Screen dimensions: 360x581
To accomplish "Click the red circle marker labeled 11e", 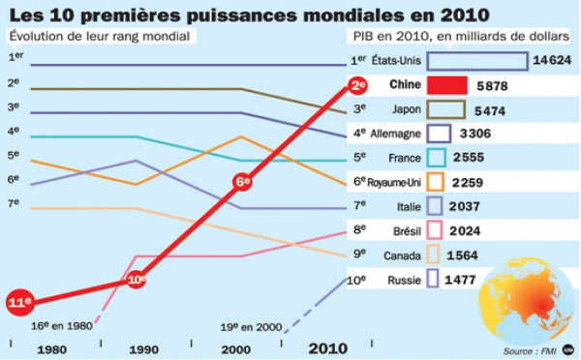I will (x=20, y=301).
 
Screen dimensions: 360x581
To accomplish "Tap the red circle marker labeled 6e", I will (x=244, y=181).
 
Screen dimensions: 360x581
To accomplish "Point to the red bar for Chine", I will (x=447, y=85).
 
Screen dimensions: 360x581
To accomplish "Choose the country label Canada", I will (x=404, y=255).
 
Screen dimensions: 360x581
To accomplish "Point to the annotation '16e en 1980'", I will (x=61, y=326).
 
